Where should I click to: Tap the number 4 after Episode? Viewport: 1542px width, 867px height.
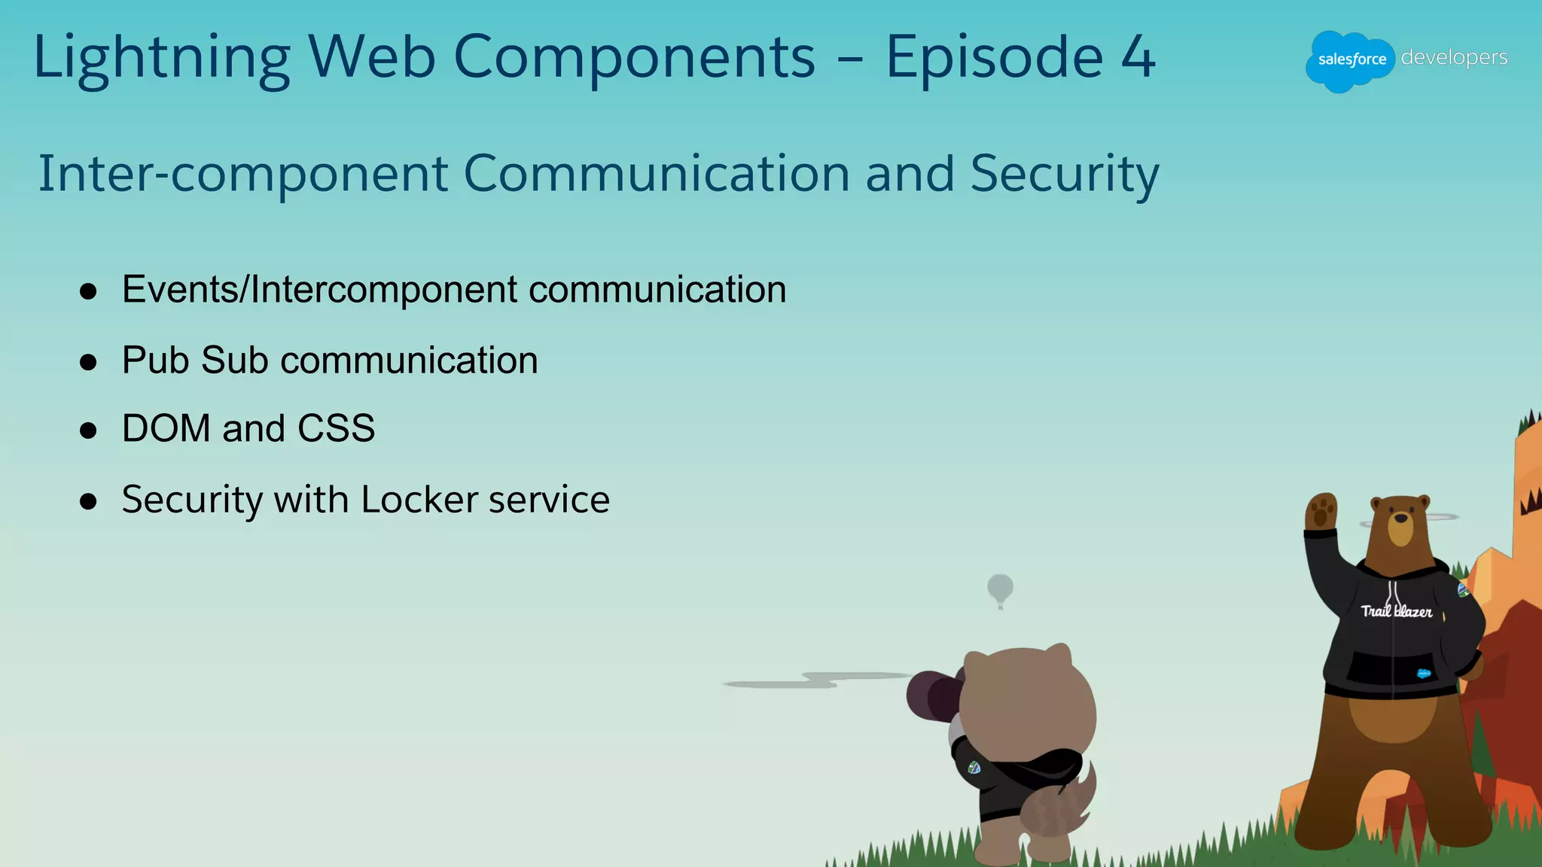tap(1138, 58)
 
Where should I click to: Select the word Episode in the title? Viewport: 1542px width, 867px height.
tap(994, 58)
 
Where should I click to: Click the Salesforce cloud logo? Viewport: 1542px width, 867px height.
tap(1350, 60)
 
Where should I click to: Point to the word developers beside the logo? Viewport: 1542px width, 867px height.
tap(1454, 57)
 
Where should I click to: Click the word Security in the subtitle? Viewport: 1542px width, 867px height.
tap(1064, 173)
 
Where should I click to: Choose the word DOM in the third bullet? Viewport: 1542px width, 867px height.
tap(166, 428)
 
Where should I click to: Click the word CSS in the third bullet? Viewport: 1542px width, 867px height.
tap(336, 428)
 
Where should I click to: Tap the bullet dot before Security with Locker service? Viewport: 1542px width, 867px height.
tap(88, 501)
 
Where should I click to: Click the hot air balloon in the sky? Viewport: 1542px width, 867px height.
tap(1000, 589)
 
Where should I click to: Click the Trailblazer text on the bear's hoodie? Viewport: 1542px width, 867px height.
tap(1396, 611)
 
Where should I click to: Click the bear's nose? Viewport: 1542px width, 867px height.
tap(1400, 518)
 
